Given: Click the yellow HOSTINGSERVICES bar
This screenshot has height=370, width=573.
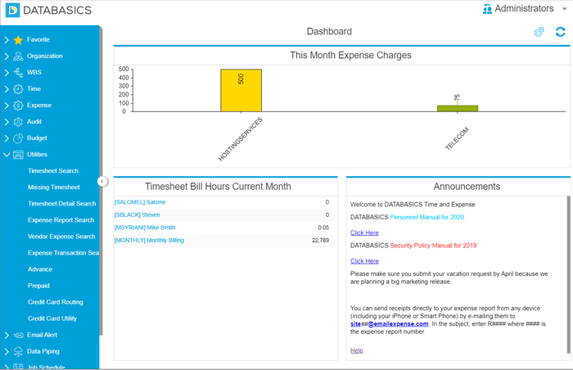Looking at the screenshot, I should (241, 90).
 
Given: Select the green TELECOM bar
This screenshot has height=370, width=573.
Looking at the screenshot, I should (457, 108).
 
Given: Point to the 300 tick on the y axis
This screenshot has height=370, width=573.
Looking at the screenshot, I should (124, 86).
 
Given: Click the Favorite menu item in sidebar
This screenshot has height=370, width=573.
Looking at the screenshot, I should (38, 39).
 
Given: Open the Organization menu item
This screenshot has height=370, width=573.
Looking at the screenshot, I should (44, 56).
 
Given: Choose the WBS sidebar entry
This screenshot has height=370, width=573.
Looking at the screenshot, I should (34, 72).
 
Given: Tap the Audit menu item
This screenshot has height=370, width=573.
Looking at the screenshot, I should (34, 121).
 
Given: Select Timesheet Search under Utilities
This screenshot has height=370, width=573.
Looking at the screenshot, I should (53, 171).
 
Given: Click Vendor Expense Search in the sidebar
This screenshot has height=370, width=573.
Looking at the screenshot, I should (61, 237).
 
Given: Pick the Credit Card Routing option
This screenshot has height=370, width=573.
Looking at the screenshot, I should (56, 302).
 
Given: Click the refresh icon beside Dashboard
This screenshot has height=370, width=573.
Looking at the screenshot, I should (560, 32).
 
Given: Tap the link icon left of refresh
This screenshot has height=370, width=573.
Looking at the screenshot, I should (539, 32).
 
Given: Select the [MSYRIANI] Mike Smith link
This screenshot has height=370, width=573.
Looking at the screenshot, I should (145, 228).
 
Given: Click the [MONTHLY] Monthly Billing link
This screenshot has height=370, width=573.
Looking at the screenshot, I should (149, 241).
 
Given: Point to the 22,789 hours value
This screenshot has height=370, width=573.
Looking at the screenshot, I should (320, 241).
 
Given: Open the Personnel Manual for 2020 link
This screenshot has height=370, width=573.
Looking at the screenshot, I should (426, 217).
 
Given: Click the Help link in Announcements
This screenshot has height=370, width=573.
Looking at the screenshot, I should (356, 350).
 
